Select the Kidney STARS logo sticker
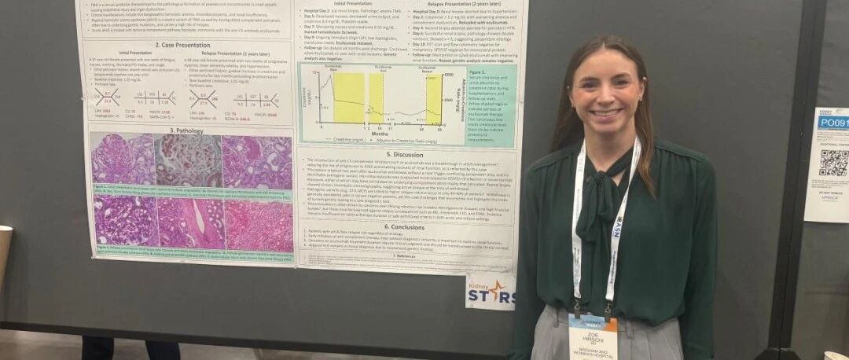(491, 292)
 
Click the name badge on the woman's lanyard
(593, 336)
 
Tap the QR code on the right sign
(834, 162)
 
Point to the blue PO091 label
(832, 122)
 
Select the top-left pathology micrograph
(122, 160)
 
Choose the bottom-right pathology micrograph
(259, 226)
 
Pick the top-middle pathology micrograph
(188, 160)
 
